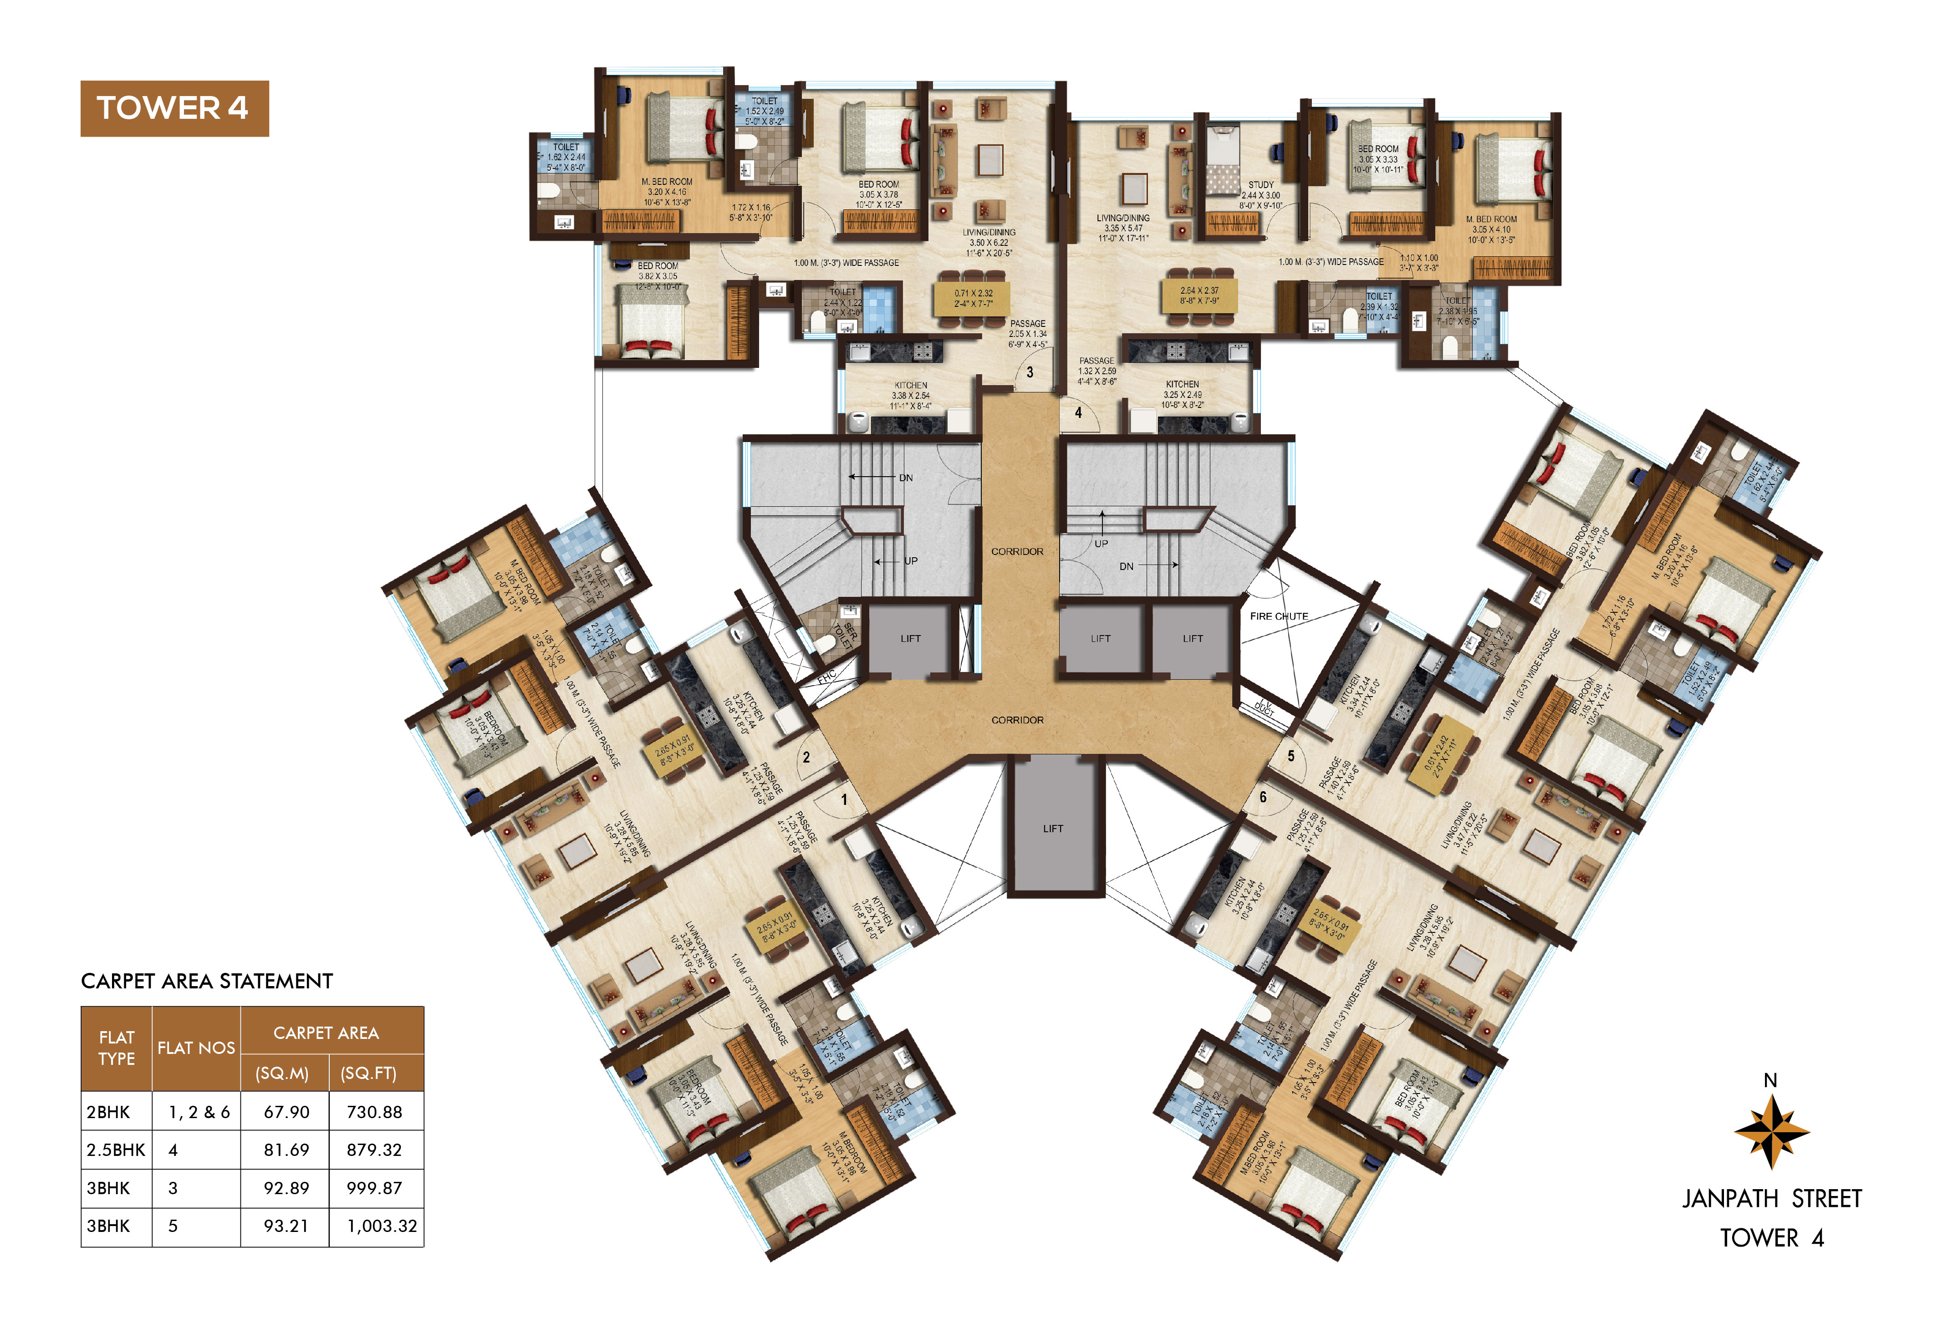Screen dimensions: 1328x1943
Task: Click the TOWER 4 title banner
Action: [x=174, y=109]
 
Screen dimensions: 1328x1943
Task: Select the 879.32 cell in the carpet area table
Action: [x=374, y=1150]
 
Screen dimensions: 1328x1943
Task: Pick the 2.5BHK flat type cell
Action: [x=115, y=1150]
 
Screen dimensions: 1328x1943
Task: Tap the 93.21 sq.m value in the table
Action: [x=286, y=1226]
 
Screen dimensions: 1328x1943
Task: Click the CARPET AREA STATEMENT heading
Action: [x=207, y=981]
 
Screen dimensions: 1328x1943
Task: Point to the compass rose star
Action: [x=1771, y=1132]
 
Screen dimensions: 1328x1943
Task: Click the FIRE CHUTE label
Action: [x=1278, y=617]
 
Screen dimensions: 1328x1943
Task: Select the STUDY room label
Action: [x=1261, y=185]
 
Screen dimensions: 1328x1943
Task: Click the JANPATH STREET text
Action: [x=1772, y=1199]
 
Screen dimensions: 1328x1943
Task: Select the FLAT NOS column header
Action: [x=196, y=1048]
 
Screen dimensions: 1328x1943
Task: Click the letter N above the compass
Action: [x=1770, y=1081]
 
